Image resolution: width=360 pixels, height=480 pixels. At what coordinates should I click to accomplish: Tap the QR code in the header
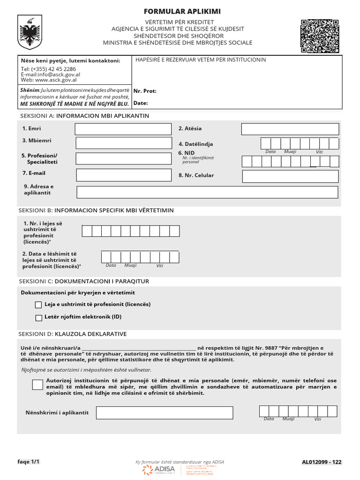tap(319, 36)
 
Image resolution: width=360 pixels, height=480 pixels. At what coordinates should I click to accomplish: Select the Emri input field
tap(124, 129)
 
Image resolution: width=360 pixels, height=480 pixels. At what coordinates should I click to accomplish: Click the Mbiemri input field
tap(124, 142)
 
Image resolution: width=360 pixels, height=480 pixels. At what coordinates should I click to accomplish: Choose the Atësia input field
tap(290, 129)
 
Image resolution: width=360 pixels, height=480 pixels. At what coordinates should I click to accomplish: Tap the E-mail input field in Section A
tap(124, 175)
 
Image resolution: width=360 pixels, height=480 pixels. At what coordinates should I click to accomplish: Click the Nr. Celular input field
tap(290, 176)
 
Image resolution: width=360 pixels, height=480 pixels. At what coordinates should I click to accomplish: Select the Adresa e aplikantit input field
tap(207, 192)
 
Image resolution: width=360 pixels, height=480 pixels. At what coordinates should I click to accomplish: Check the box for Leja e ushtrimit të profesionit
tap(38, 305)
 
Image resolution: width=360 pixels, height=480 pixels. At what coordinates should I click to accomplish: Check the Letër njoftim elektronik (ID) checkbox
tap(38, 318)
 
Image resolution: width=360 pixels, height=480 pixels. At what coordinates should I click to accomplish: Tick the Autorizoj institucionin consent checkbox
tap(37, 385)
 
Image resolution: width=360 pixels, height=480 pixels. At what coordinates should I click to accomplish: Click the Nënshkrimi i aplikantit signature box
tap(165, 412)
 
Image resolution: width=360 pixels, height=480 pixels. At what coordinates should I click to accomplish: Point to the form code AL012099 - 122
tap(322, 462)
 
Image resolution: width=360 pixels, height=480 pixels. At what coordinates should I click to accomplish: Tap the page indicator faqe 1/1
tap(29, 462)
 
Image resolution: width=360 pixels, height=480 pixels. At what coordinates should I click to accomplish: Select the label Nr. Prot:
tap(145, 91)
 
